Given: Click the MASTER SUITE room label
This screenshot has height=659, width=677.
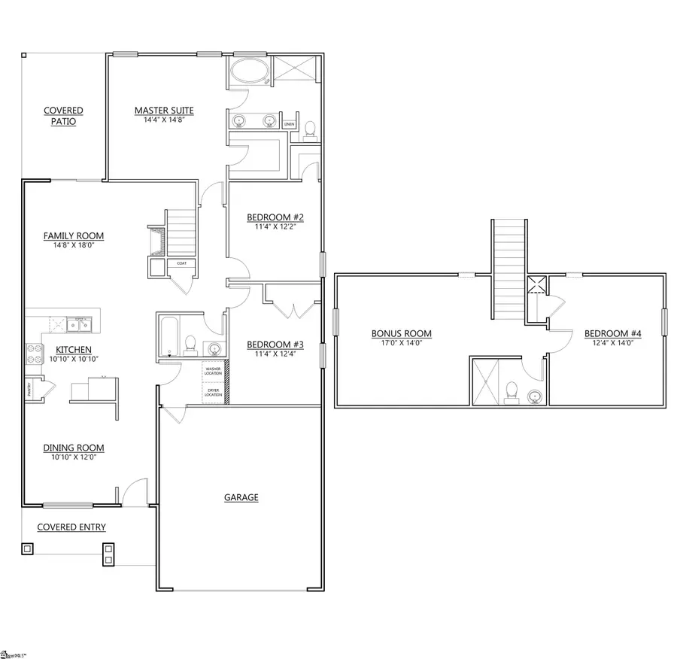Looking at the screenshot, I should tap(164, 111).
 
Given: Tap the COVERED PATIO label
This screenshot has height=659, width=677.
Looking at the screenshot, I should tap(63, 116).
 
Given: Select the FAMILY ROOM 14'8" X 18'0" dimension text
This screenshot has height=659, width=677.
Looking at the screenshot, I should tap(73, 245).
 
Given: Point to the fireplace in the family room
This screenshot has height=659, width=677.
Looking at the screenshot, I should tap(156, 240).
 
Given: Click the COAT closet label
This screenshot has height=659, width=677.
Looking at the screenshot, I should tap(181, 263).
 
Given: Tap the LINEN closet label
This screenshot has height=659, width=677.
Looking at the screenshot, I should tap(290, 124).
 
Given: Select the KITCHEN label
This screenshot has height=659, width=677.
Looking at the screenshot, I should tap(74, 350).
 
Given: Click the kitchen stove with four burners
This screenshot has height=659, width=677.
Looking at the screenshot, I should tap(35, 353).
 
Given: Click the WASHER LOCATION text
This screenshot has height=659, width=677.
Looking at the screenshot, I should tap(213, 371).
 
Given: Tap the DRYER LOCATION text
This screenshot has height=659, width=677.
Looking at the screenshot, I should tap(213, 393).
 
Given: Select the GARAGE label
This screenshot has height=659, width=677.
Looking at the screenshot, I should tap(241, 497).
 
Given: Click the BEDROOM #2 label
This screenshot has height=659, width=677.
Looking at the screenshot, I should tap(275, 217).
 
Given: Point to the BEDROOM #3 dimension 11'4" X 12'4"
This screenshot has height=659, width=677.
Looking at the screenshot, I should tap(275, 355).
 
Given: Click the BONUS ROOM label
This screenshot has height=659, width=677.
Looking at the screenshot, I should tap(401, 334).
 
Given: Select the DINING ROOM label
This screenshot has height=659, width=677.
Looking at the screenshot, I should tap(73, 448).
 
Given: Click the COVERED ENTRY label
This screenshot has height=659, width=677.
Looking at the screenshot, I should tap(71, 527).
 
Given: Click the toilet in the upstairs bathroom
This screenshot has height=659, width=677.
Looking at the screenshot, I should tap(512, 391).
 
